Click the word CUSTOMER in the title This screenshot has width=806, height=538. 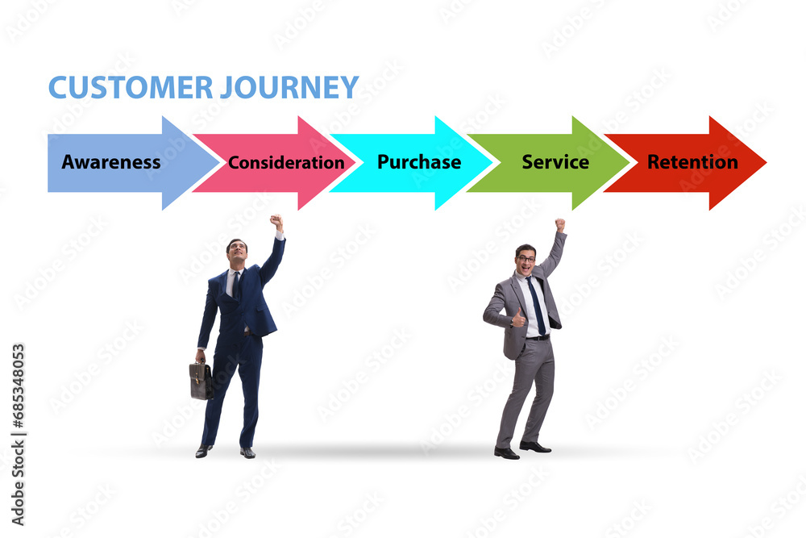[130, 87]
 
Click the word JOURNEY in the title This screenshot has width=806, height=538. [289, 87]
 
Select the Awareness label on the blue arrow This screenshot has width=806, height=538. [111, 162]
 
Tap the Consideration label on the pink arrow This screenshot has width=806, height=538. [286, 163]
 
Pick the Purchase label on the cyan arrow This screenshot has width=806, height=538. [419, 162]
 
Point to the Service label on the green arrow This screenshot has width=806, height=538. [555, 162]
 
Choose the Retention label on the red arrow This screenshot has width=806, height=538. [692, 162]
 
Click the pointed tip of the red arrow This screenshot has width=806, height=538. [766, 163]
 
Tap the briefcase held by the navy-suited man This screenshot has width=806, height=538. [201, 380]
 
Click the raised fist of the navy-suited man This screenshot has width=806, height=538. [276, 222]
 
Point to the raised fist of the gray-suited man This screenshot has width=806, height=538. [560, 225]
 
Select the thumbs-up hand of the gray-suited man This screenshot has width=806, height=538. [518, 319]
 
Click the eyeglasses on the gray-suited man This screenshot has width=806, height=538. [526, 258]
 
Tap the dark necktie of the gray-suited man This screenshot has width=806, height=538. [536, 306]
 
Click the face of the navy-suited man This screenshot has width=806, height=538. [238, 252]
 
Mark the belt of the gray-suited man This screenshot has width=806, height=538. [537, 338]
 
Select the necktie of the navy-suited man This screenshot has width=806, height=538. [236, 285]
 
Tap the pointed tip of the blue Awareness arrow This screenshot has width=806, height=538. [219, 163]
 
